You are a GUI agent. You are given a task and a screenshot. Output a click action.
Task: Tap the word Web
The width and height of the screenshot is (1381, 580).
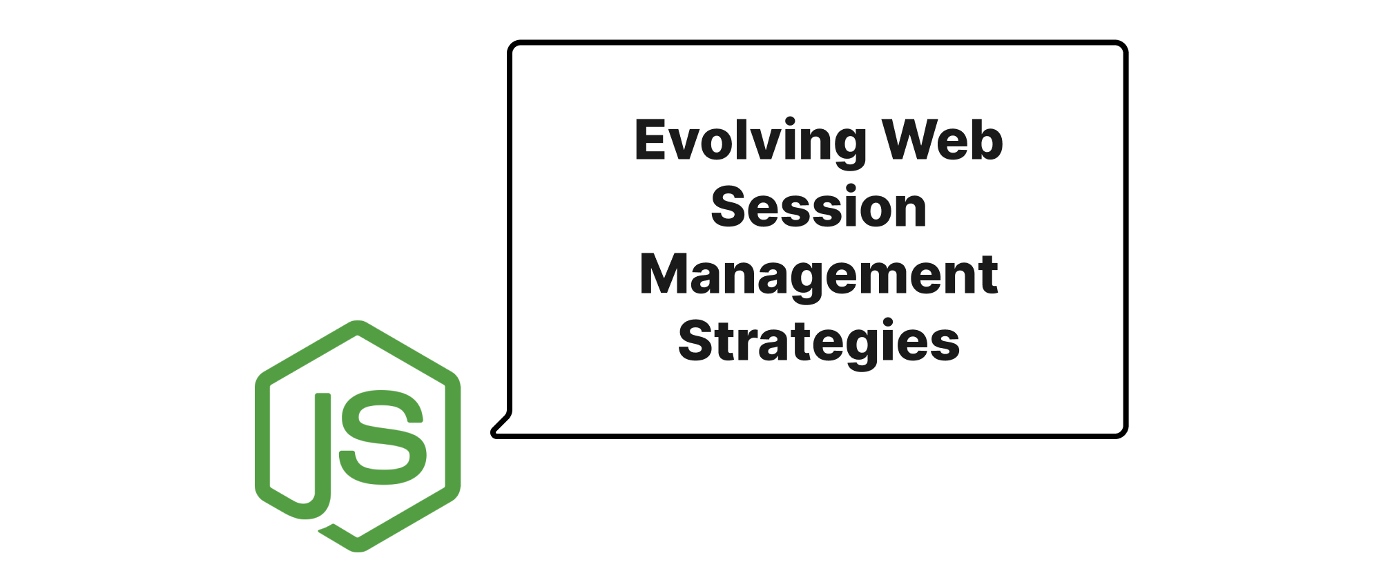click(x=943, y=140)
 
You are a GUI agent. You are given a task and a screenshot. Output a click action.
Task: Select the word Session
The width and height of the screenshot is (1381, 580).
click(x=819, y=207)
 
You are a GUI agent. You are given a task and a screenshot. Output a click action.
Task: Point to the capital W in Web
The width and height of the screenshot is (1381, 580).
click(x=911, y=140)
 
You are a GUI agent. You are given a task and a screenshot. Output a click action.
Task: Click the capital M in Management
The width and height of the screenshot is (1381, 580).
click(x=665, y=274)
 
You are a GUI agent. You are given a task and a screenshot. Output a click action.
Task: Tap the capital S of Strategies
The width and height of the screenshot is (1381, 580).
click(x=698, y=341)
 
